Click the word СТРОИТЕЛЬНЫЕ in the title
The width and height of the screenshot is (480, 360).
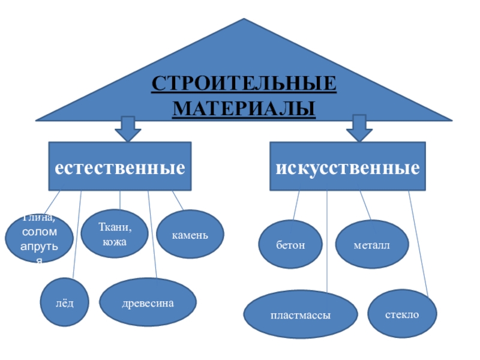[244, 83]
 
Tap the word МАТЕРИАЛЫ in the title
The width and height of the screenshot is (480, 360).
[244, 109]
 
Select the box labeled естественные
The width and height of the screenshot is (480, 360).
[120, 167]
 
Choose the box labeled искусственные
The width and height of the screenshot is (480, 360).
[347, 167]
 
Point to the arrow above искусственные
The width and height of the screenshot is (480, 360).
[359, 128]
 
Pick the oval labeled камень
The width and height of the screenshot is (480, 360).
[190, 234]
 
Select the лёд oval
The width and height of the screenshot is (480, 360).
[65, 304]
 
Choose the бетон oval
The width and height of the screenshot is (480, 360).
[291, 245]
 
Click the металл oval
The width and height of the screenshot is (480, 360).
[371, 245]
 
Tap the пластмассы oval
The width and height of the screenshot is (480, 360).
[292, 315]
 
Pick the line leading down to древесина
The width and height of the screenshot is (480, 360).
[152, 234]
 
